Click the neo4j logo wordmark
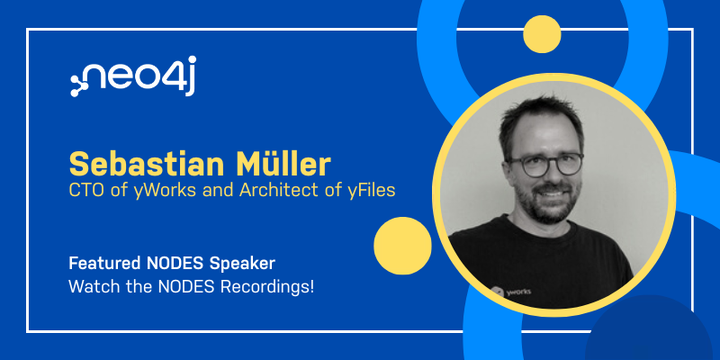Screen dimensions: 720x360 coord(133,76)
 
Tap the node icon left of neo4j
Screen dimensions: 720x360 coord(78,85)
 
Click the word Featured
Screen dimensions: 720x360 coord(104,263)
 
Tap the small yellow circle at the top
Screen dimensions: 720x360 coord(542,34)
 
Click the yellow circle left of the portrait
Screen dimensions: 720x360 coord(402,246)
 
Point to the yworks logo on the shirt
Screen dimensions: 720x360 coord(510,291)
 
